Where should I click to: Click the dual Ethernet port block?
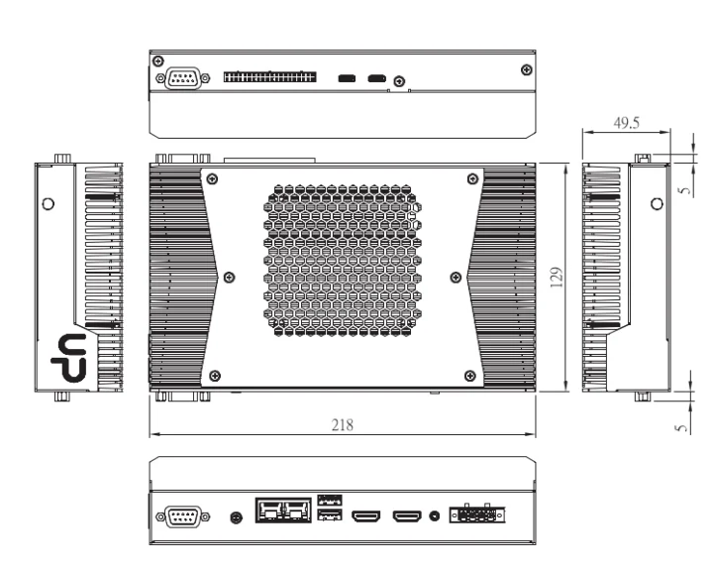click(283, 513)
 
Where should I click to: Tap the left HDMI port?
click(367, 516)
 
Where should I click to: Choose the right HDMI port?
click(407, 516)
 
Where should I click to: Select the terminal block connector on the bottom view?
click(476, 515)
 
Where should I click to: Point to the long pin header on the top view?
click(270, 77)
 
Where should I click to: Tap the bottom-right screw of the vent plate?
click(469, 375)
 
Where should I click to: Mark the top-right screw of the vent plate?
click(469, 179)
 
